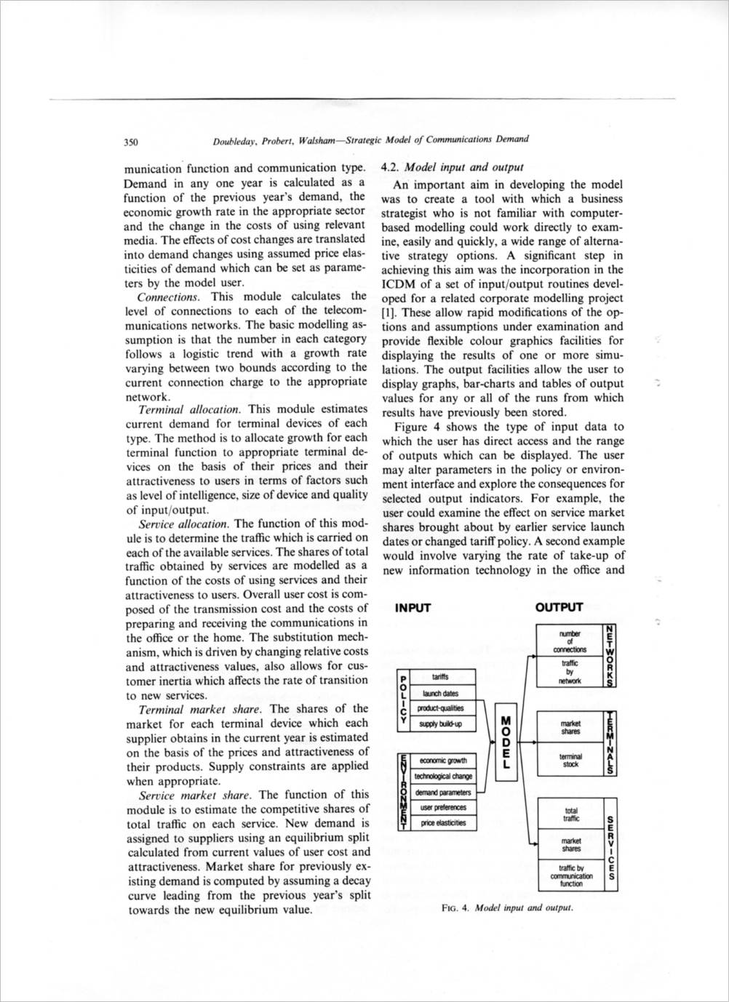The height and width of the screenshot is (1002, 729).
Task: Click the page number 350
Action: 133,141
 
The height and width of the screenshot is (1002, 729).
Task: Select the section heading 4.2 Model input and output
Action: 452,167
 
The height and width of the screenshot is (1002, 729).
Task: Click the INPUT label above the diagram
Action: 413,608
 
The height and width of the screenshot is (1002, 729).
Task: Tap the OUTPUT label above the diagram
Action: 559,607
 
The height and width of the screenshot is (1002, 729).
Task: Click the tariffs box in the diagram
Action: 440,677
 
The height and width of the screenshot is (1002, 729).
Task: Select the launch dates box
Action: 440,693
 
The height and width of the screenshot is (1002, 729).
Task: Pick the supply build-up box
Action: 440,724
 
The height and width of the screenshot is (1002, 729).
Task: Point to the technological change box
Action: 442,777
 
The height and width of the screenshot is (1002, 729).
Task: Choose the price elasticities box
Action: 440,823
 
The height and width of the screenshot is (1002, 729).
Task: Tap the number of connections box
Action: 570,641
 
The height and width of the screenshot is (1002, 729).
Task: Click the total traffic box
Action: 571,814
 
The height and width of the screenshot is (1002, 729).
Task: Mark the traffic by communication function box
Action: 571,875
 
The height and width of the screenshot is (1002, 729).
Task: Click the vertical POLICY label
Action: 402,701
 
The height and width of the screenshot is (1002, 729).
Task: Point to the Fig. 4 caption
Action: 507,907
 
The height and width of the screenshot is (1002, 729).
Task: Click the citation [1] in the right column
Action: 389,313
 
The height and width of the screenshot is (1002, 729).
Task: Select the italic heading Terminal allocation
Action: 190,410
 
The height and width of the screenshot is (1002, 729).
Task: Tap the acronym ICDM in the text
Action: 399,284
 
